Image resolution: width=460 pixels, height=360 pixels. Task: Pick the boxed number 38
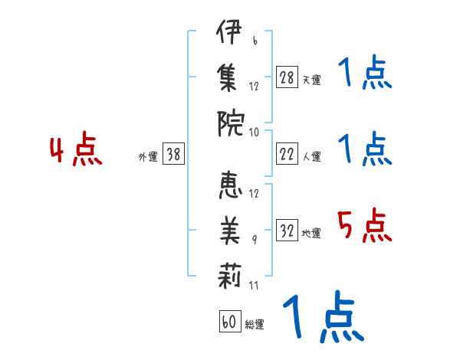click(x=174, y=155)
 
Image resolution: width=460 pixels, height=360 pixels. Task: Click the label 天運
click(x=311, y=80)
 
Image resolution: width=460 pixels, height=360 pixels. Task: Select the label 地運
click(x=311, y=234)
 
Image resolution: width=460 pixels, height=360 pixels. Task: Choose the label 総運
click(x=255, y=325)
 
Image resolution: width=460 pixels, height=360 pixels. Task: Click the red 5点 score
click(x=364, y=226)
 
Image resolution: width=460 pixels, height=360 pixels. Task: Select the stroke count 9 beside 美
click(x=254, y=239)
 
